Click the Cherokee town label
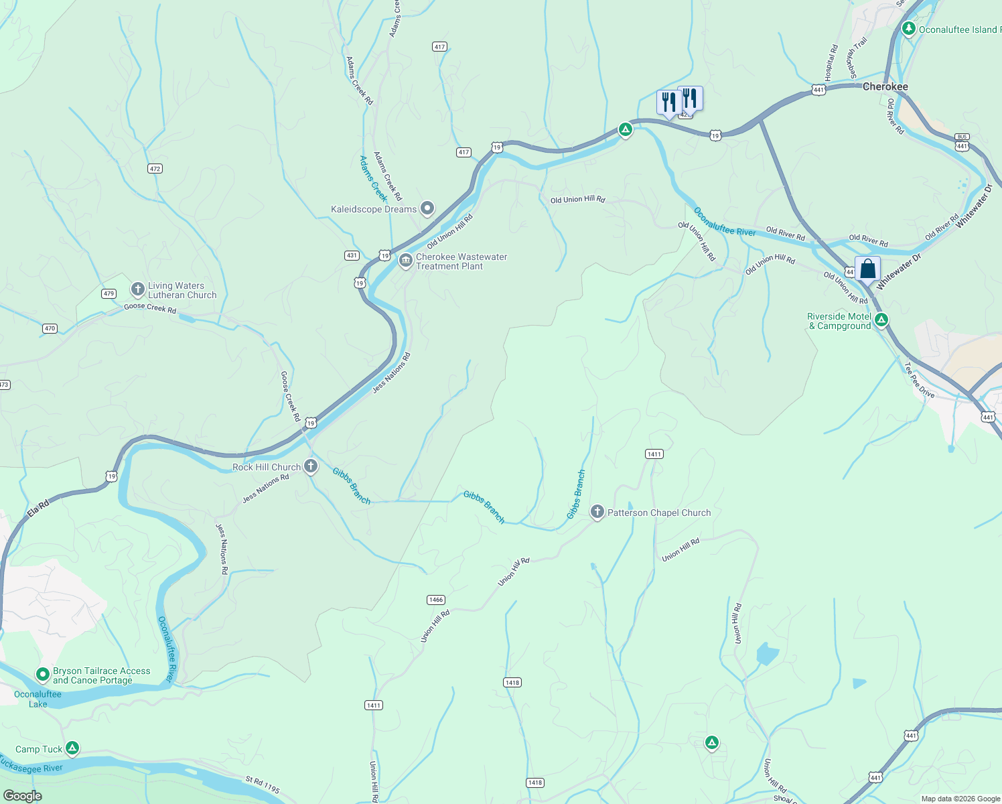885,87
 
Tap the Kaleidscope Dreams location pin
427,208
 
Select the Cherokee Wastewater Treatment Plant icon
405,261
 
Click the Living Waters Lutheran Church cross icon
137,289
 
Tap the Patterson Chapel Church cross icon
597,512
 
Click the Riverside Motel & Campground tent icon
881,320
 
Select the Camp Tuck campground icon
72,748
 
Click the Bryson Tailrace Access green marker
43,673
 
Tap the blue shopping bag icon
867,269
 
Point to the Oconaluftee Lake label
38,699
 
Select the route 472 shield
155,169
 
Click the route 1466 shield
435,600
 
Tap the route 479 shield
109,293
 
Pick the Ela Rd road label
38,509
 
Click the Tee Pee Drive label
919,380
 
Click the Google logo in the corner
22,795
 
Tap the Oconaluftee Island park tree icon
908,29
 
